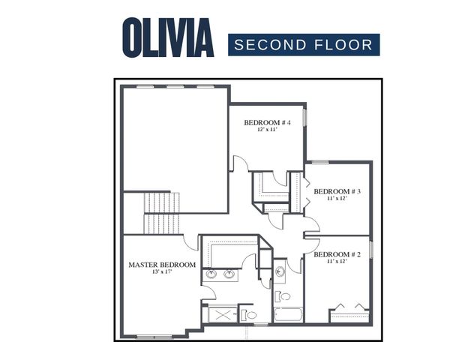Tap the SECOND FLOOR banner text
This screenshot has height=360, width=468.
pyautogui.click(x=304, y=45)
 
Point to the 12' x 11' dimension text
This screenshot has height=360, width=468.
pyautogui.click(x=268, y=130)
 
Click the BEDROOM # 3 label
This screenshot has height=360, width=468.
pyautogui.click(x=337, y=192)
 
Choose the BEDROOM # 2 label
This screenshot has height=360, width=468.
pyautogui.click(x=337, y=255)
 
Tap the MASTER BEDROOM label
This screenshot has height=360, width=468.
pyautogui.click(x=162, y=265)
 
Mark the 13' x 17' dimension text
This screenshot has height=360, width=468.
pyautogui.click(x=162, y=272)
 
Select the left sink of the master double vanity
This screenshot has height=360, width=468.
pyautogui.click(x=211, y=274)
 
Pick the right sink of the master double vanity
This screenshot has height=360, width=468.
pyautogui.click(x=229, y=274)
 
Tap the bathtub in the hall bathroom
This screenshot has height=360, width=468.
pyautogui.click(x=287, y=313)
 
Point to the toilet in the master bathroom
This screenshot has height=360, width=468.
pyautogui.click(x=249, y=315)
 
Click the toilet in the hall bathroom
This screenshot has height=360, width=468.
pyautogui.click(x=280, y=295)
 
